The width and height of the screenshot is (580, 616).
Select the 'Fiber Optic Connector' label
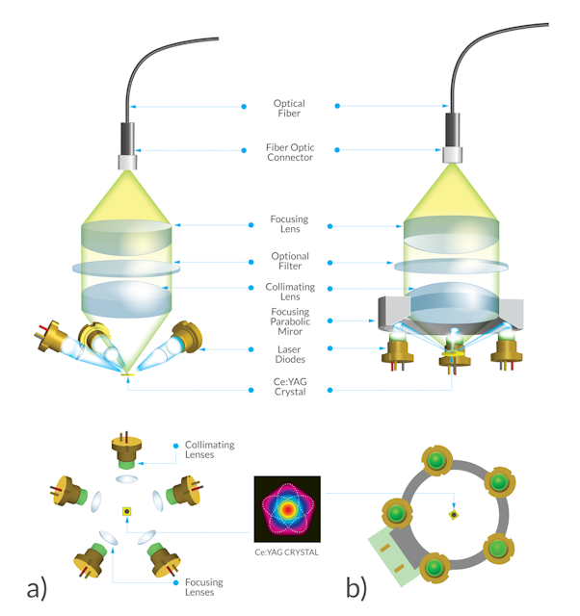click(x=290, y=152)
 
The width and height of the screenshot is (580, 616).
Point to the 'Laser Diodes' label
click(x=290, y=353)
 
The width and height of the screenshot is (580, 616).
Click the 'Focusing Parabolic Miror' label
click(x=290, y=320)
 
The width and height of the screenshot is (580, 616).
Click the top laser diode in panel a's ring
click(x=126, y=450)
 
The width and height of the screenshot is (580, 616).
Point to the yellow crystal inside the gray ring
click(x=453, y=515)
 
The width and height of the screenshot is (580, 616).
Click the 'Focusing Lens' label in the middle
click(x=290, y=224)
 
